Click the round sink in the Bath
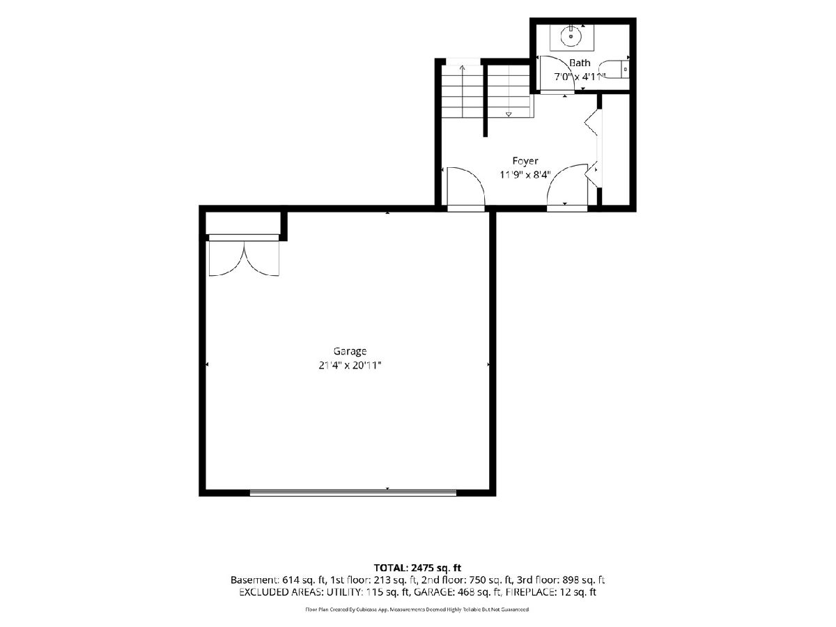click(x=571, y=36)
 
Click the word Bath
click(x=580, y=63)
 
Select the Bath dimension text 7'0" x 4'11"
click(x=580, y=77)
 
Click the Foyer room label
click(x=525, y=161)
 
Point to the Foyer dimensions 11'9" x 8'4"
click(x=525, y=175)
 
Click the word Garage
click(x=350, y=351)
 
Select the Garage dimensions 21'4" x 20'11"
click(x=350, y=366)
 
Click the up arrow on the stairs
click(x=463, y=91)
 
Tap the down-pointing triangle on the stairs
click(x=509, y=114)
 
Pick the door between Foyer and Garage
click(x=465, y=188)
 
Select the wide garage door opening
click(x=353, y=493)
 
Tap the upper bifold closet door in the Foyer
click(x=591, y=122)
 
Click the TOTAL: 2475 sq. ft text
click(x=417, y=568)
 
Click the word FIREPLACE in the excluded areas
click(x=528, y=592)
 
